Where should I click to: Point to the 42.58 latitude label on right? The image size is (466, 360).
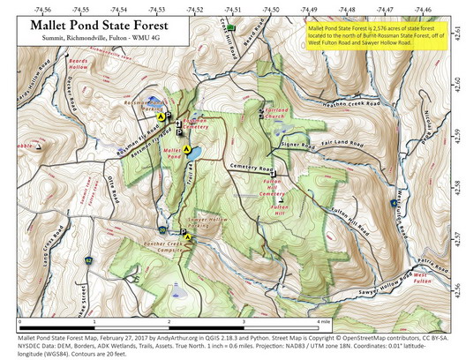[x=455, y=186]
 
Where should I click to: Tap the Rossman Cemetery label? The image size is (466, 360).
[x=197, y=124]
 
